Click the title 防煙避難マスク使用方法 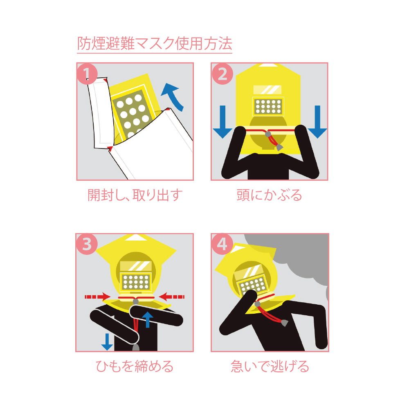click(x=155, y=43)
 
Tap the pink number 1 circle click(x=87, y=74)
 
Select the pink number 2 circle click(x=222, y=74)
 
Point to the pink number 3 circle click(x=87, y=244)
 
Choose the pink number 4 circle click(x=222, y=244)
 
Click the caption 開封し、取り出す click(x=135, y=195)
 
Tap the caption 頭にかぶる click(x=269, y=195)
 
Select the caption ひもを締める click(x=135, y=366)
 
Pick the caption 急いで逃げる click(x=270, y=366)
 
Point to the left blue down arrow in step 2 click(x=222, y=122)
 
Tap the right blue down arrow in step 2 click(x=317, y=122)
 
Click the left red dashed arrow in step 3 click(x=98, y=297)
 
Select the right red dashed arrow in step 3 click(x=172, y=297)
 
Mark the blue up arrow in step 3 click(x=148, y=320)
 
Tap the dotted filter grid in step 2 click(x=268, y=106)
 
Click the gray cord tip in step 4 click(x=284, y=323)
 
